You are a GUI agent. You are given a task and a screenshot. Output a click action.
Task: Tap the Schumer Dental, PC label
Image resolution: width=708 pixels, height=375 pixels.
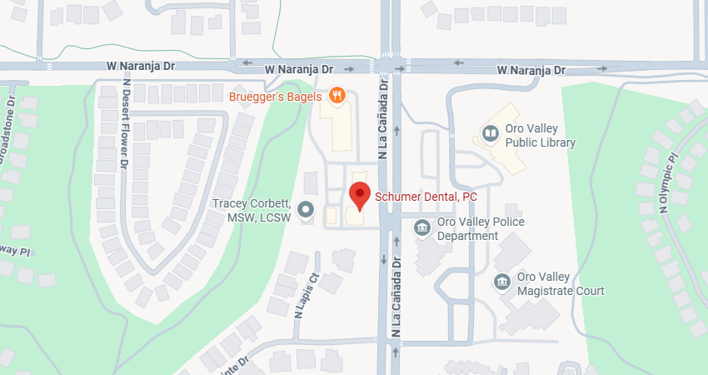coord(426,196)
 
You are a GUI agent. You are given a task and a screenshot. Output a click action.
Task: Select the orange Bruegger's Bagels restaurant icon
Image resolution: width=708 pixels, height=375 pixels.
coord(337,96)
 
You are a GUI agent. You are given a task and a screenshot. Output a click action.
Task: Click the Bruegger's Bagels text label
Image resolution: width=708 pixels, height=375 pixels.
coord(277,96)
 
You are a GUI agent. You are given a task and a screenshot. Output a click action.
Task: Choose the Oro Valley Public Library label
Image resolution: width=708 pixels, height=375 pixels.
coord(541,135)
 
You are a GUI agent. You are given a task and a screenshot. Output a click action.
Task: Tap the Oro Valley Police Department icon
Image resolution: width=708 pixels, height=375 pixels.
coord(422,226)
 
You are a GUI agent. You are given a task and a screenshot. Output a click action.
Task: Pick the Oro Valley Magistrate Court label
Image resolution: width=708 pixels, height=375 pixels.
coord(560,283)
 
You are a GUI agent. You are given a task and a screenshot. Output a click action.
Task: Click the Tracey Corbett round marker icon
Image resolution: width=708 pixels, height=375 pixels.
coord(307,209)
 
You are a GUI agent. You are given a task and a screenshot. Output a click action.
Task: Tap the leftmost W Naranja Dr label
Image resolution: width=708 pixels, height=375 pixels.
coord(140,64)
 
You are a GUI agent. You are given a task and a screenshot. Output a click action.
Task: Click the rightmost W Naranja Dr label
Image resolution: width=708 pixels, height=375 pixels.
coord(531,70)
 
